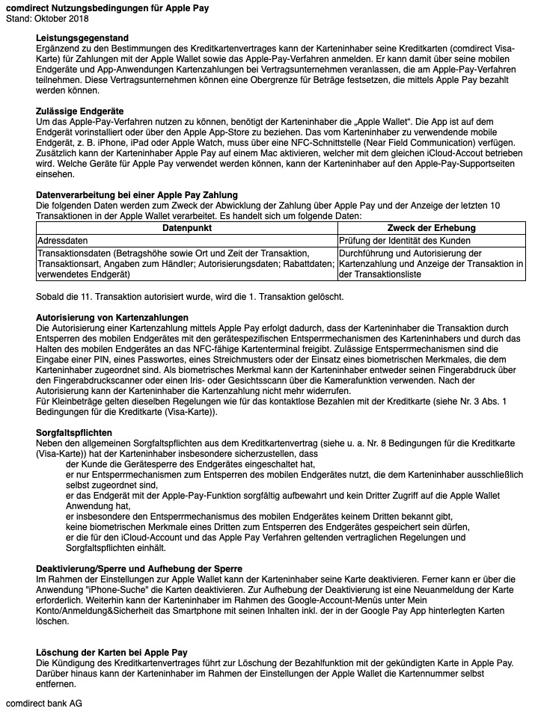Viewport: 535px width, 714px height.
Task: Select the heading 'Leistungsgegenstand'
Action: point(82,37)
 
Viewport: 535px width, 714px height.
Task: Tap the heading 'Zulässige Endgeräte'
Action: point(80,111)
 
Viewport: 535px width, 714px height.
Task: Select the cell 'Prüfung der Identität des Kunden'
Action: point(405,241)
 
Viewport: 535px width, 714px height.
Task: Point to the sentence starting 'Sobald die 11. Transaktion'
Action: point(190,297)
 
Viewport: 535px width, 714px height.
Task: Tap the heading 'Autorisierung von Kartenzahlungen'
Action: point(112,318)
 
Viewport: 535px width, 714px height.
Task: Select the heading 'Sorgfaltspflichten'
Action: point(74,432)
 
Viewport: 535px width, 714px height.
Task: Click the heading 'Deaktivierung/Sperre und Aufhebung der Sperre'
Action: point(139,569)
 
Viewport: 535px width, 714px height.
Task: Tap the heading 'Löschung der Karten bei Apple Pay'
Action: point(111,653)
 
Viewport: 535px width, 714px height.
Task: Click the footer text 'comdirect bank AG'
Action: point(44,704)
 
